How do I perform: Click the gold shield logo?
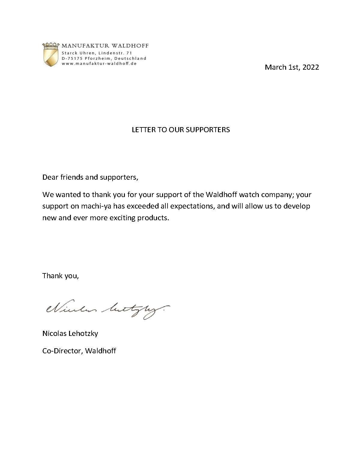coord(50,58)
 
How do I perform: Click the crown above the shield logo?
coord(50,46)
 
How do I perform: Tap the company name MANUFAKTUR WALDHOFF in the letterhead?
coord(105,46)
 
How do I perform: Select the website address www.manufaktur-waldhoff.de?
coord(99,63)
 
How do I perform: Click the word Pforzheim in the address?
coord(97,58)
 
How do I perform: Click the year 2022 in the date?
coord(310,67)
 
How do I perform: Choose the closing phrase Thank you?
coord(60,276)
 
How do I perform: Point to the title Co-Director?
coord(62,351)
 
